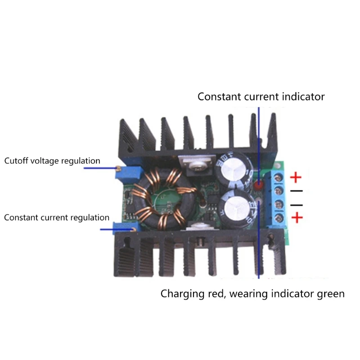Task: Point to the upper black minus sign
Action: [x=297, y=191]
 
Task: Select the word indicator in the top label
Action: [x=305, y=96]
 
